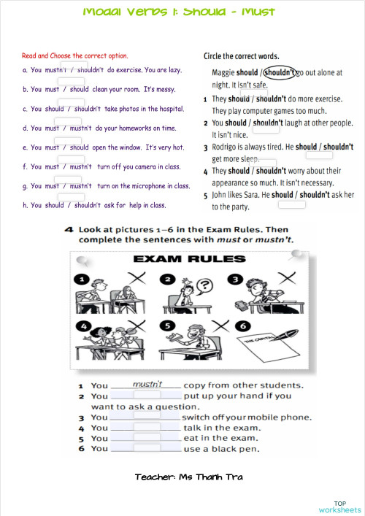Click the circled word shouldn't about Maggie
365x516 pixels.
pos(280,73)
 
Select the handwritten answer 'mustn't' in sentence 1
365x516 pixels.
pos(156,383)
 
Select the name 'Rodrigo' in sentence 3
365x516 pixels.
pos(226,147)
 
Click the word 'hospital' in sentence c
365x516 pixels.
pos(169,109)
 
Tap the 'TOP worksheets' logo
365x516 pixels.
pos(339,507)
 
